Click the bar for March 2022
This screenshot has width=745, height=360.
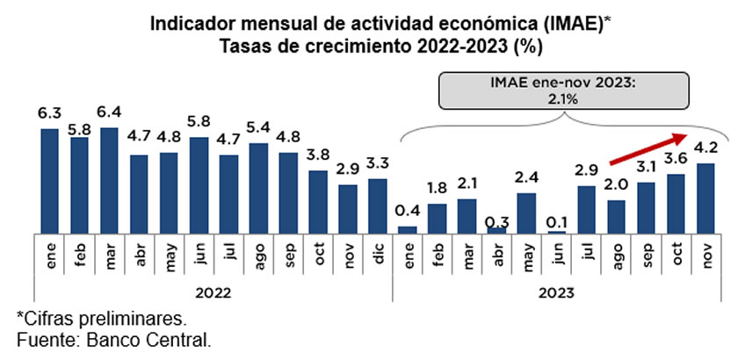coord(109,180)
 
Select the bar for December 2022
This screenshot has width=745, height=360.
coord(377,205)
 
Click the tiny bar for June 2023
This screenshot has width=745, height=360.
coord(556,231)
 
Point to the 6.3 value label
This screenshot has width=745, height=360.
coord(49,114)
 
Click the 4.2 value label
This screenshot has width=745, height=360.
coord(705,148)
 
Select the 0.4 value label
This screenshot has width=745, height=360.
coord(407,211)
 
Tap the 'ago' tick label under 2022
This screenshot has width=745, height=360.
coord(258,256)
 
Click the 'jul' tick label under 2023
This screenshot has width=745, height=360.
coord(586,256)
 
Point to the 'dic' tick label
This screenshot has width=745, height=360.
coord(378,256)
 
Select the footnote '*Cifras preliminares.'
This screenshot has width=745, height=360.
coord(100,318)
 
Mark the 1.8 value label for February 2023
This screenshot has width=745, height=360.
coord(437,188)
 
